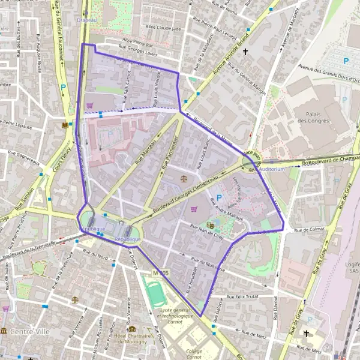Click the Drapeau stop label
(87, 20)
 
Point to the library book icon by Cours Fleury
(65, 125)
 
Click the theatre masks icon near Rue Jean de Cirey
(210, 225)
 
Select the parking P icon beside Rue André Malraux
(218, 197)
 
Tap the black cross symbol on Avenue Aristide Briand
(245, 52)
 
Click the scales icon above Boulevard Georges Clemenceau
(183, 178)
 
